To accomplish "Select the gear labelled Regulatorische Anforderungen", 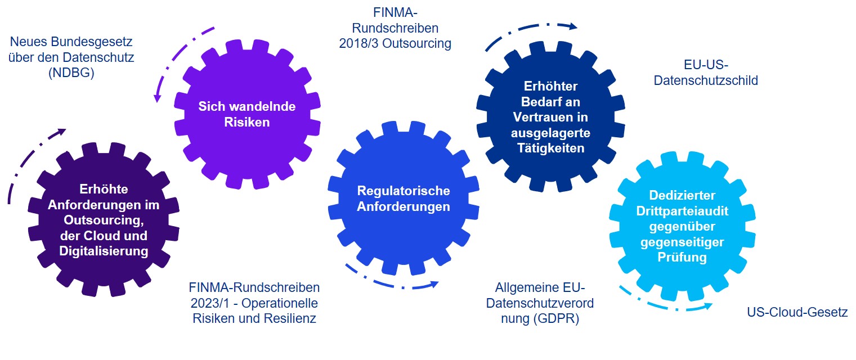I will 404,198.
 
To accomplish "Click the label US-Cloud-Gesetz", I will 797,312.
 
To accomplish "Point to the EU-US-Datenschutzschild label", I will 706,72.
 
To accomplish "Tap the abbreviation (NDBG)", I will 71,73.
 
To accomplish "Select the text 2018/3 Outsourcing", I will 395,43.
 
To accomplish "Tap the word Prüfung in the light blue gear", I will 682,258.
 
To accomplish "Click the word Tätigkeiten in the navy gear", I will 550,148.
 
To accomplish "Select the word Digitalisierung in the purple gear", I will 104,251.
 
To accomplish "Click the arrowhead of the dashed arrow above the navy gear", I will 572,26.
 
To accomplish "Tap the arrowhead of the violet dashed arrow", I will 158,99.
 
